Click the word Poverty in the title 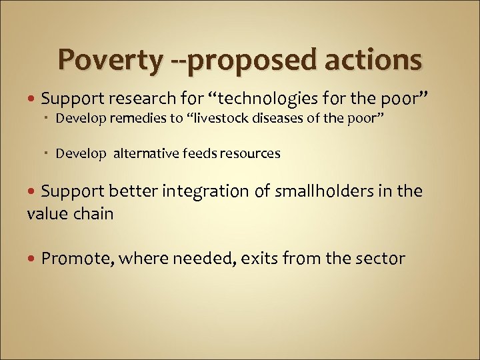click(x=109, y=60)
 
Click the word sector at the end click(x=379, y=258)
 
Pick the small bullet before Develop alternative click(x=49, y=154)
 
